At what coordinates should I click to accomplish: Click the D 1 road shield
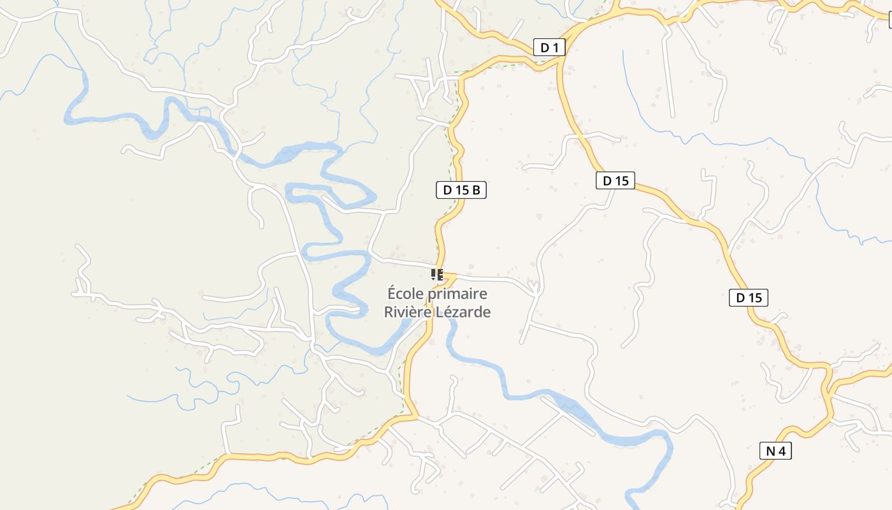click(549, 47)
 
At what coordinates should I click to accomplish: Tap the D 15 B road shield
click(461, 189)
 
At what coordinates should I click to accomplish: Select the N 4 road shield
click(775, 451)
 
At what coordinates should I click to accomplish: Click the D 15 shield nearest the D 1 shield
click(615, 180)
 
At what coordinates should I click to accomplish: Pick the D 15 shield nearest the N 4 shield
click(748, 298)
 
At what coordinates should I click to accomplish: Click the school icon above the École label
click(437, 275)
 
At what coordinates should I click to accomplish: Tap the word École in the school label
click(405, 294)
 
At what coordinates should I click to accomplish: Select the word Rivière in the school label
click(407, 312)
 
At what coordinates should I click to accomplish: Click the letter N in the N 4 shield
click(770, 451)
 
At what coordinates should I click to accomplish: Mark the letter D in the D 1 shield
click(545, 47)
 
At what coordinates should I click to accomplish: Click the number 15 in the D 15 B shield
click(463, 189)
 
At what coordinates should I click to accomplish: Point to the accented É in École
click(392, 294)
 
